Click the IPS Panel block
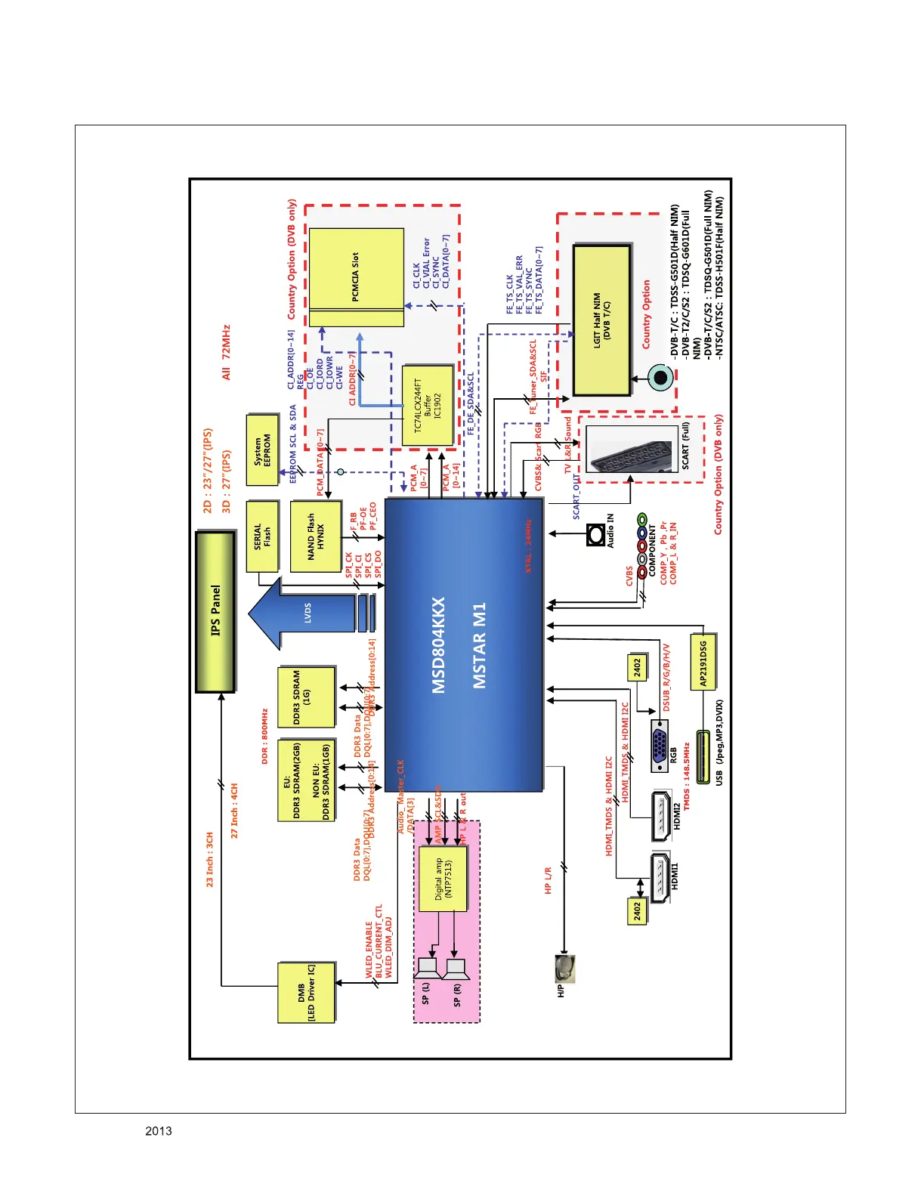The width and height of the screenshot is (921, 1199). point(216,611)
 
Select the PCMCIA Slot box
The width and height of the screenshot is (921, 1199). point(356,277)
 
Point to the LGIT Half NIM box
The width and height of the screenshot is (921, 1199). point(602,320)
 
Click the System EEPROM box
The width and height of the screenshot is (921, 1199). point(263,449)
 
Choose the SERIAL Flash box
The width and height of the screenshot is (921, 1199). point(262,536)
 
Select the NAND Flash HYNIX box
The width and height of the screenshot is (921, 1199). point(315,536)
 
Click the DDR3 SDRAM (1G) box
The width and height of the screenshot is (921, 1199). point(306,697)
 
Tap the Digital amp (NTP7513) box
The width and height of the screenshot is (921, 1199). point(443,878)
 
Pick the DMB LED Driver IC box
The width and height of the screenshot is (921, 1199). point(306,993)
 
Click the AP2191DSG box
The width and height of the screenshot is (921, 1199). point(703,662)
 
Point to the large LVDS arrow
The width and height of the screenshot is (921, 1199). point(302,613)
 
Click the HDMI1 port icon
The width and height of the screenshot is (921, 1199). point(660,877)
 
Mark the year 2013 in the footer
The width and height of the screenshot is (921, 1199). point(159,1131)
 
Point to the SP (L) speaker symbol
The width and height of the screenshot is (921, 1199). point(427,968)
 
